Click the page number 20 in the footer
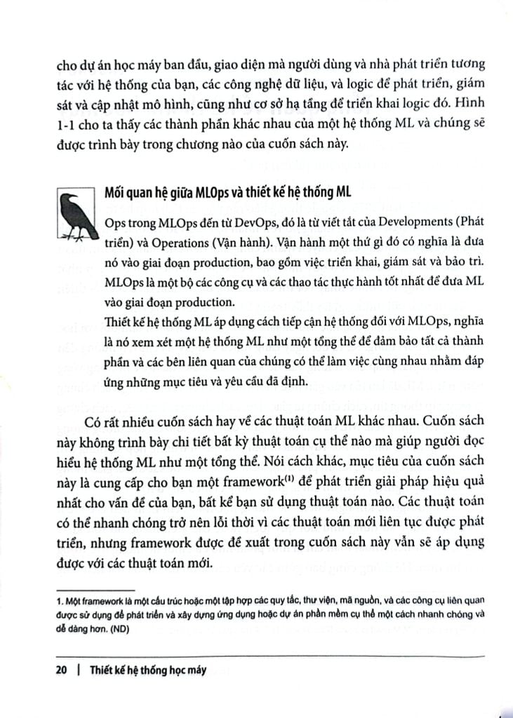[60, 670]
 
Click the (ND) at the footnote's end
[124, 629]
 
